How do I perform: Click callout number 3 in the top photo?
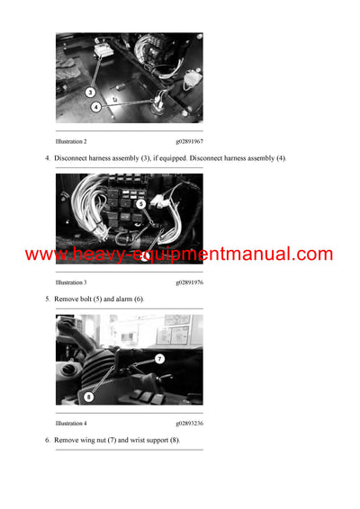click(90, 92)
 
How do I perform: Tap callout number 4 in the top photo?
click(96, 107)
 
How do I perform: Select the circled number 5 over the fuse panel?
click(140, 203)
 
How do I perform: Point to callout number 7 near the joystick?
click(158, 358)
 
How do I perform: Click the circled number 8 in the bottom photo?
click(89, 396)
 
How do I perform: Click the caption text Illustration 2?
click(71, 142)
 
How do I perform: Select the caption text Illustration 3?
click(71, 282)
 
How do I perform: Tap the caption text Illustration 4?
click(71, 424)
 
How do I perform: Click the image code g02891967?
click(189, 142)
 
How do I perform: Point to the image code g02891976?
click(189, 282)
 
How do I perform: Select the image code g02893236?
click(189, 424)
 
